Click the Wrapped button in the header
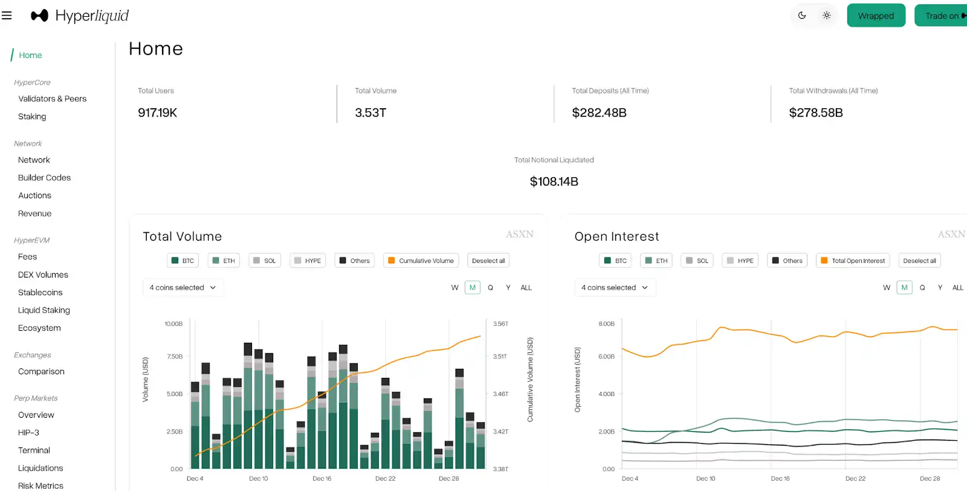(876, 16)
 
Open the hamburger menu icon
(7, 16)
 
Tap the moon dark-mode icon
(802, 16)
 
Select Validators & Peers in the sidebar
(52, 99)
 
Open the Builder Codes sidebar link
(44, 178)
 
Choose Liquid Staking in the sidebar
(44, 310)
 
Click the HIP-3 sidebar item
(28, 432)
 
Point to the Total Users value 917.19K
(157, 112)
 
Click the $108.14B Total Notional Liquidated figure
(554, 181)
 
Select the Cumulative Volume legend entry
(421, 261)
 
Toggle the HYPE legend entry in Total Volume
(307, 261)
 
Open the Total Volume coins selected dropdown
(183, 288)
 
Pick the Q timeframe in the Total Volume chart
(490, 288)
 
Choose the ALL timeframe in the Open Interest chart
(957, 288)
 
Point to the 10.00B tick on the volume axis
(173, 324)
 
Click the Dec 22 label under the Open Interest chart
(855, 478)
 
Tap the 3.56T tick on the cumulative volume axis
(500, 324)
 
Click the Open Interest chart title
(616, 236)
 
